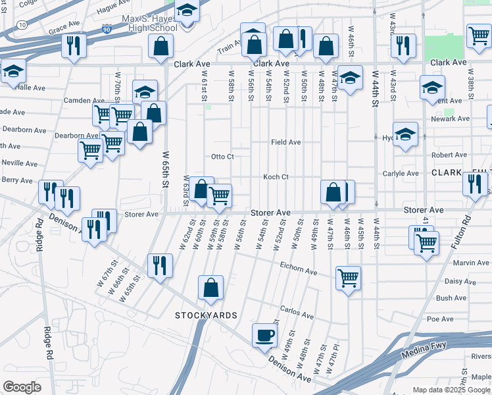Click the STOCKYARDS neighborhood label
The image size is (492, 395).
point(206,315)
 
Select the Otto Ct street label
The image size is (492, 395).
point(222,157)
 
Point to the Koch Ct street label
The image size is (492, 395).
point(276,177)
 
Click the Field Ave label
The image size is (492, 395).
point(286,142)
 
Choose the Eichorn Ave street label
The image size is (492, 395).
point(299,272)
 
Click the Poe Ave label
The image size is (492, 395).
point(440,319)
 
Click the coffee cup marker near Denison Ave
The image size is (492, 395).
point(265,335)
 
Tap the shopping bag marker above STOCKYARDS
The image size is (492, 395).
point(210,288)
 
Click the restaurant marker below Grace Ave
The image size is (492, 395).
point(73,45)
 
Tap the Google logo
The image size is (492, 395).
point(22,386)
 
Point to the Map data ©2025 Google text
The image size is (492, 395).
point(452,390)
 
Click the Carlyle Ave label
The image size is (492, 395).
point(401,174)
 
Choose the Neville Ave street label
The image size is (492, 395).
point(19,163)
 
